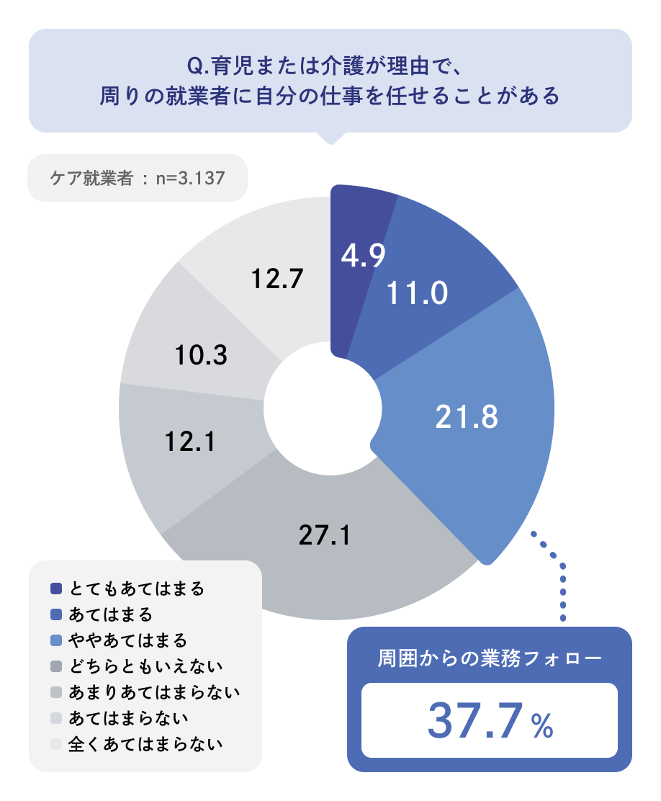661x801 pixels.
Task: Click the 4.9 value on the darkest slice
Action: [364, 256]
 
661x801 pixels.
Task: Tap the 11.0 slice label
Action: [418, 292]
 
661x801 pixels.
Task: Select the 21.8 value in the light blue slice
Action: [467, 417]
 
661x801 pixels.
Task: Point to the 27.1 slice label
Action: [324, 535]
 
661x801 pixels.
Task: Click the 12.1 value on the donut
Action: [188, 442]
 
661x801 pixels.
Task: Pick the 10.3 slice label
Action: [202, 354]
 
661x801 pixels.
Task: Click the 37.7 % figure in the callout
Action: [490, 721]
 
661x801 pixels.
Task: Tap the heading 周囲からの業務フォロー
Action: [490, 659]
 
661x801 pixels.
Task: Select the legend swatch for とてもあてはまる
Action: [57, 589]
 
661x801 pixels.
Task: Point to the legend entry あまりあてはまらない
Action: [154, 692]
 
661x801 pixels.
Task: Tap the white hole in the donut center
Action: [322, 407]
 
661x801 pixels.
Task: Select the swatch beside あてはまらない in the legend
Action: [57, 718]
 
